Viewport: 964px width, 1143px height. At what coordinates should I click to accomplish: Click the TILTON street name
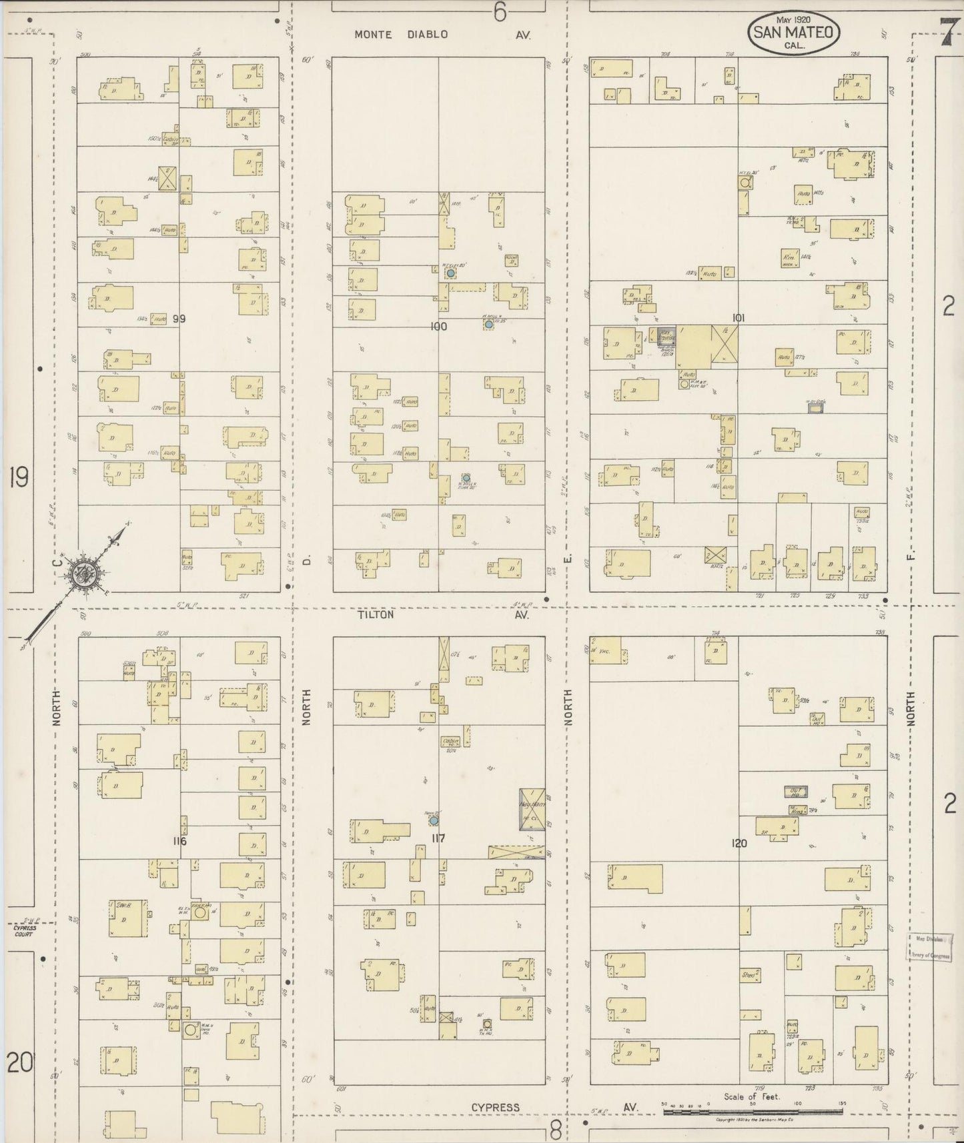376,615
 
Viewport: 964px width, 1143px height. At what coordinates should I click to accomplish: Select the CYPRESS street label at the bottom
495,1108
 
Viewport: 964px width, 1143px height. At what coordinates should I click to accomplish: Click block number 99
179,319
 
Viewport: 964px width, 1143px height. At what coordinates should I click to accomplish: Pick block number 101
737,318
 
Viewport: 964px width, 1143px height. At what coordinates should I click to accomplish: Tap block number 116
179,842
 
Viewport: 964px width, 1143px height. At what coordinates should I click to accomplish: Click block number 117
438,838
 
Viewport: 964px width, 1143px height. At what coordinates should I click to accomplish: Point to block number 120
739,844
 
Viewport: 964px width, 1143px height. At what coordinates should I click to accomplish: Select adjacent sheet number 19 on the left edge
19,477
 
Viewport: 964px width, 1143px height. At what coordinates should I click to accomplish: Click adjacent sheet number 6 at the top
500,11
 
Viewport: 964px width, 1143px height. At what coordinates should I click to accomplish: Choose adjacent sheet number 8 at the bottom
556,1129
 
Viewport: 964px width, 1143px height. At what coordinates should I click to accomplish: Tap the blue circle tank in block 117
432,820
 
